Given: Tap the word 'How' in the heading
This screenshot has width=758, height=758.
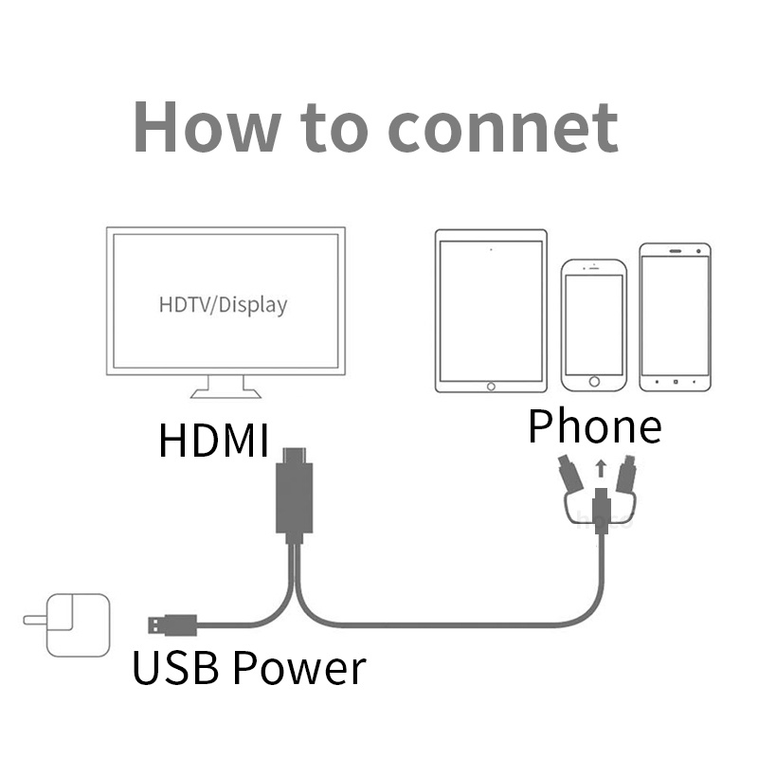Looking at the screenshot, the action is click(x=195, y=126).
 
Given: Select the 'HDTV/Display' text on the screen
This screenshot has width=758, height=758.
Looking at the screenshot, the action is click(x=223, y=305).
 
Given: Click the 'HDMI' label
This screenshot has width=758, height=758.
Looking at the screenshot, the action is click(x=214, y=442).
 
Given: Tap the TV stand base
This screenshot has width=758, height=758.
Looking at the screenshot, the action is click(x=225, y=389).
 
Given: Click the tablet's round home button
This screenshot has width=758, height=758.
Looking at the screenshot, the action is click(x=491, y=386).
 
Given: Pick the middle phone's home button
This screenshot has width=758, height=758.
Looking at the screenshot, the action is click(x=594, y=382).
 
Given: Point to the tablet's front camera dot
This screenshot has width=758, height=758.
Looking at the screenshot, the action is click(x=491, y=250).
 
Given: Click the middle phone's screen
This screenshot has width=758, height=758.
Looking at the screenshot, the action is click(x=594, y=322).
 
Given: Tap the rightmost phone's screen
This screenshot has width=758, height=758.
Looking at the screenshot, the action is click(x=674, y=316).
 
